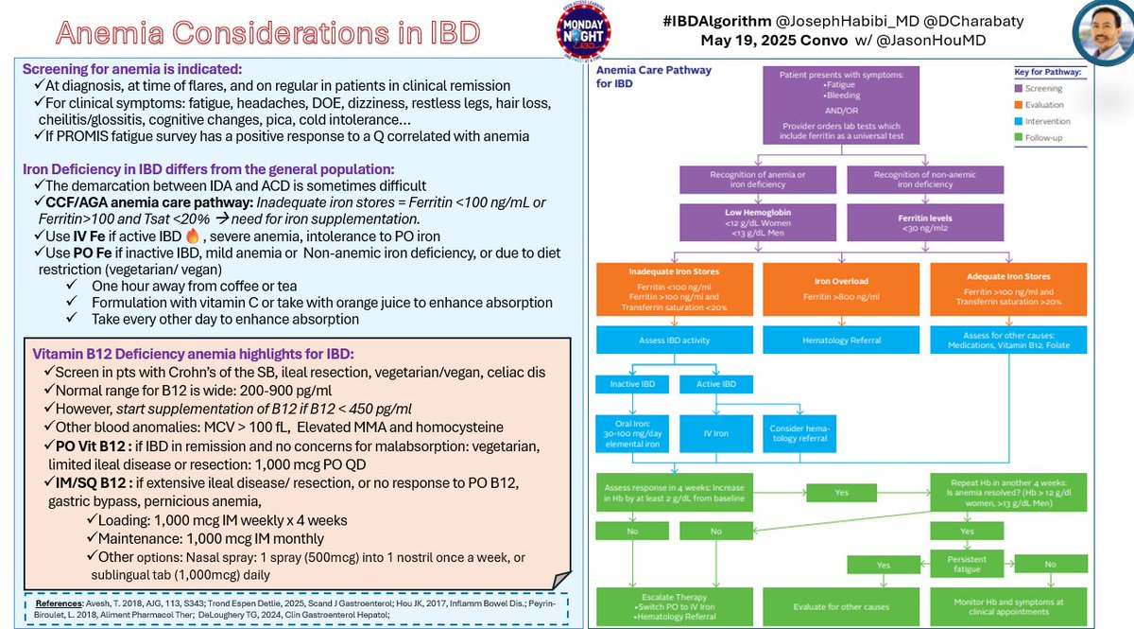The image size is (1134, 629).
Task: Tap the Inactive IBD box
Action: (x=632, y=385)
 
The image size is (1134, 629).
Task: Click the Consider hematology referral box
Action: (x=803, y=434)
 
